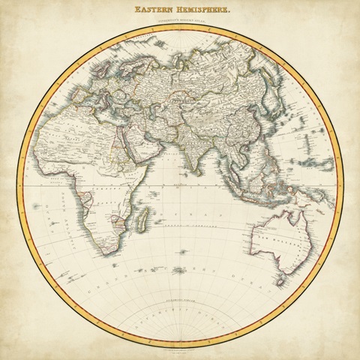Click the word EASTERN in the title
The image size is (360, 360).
(155, 11)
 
